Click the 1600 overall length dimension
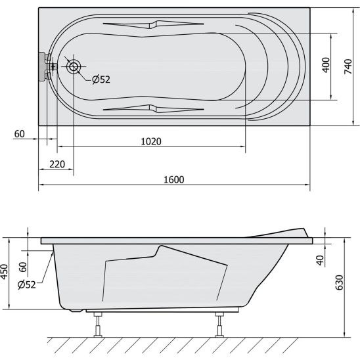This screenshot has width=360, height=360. (174, 179)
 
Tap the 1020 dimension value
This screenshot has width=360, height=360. (151, 141)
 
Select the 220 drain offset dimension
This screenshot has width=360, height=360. (57, 164)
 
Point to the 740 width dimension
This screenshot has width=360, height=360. (348, 66)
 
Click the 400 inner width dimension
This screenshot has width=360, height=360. (326, 65)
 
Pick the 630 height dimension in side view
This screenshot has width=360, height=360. (340, 282)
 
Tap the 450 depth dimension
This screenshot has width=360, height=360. (4, 272)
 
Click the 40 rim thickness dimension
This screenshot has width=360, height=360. (320, 260)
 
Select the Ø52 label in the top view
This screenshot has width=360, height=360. (101, 79)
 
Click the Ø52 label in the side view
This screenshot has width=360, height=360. (27, 284)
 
